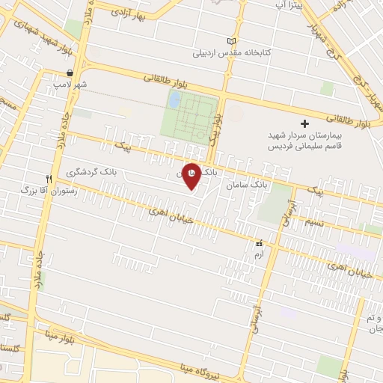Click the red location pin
[x=191, y=176]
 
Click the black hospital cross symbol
[x=304, y=123]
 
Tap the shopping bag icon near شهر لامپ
[x=70, y=73]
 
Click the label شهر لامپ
[x=70, y=85]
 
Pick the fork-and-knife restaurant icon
[x=49, y=179]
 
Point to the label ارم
[x=259, y=255]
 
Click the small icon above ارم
[x=259, y=244]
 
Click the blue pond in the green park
[x=174, y=99]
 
